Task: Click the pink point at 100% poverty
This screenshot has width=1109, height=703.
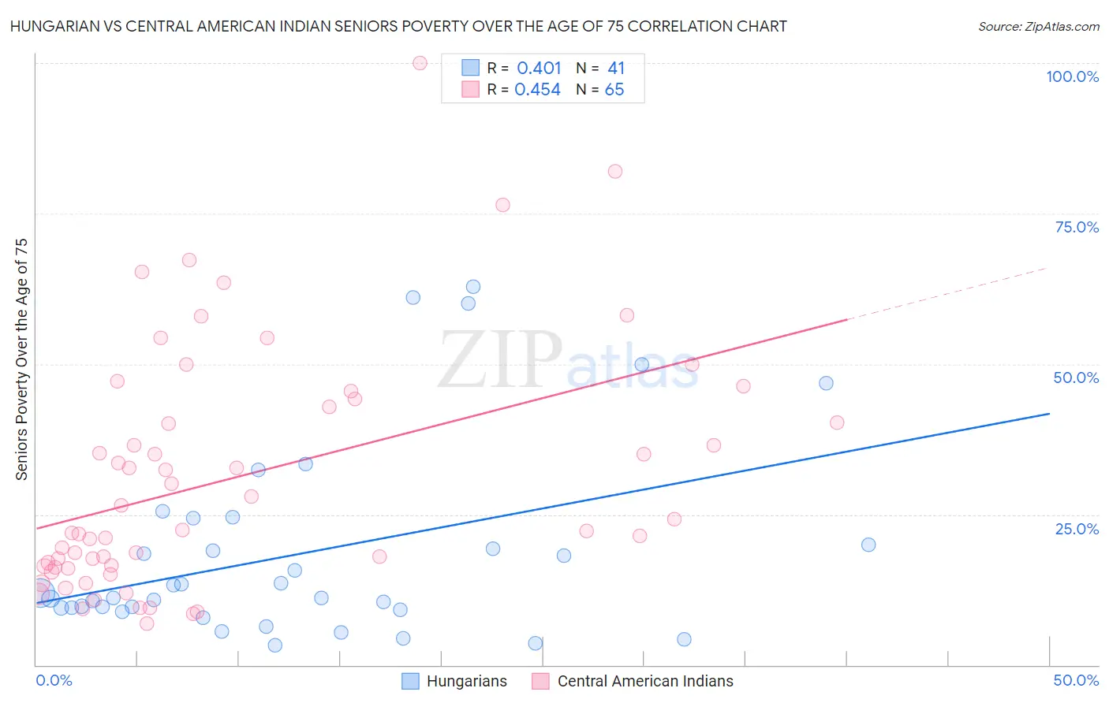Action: tap(420, 63)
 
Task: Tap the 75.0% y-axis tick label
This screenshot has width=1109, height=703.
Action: tap(1076, 227)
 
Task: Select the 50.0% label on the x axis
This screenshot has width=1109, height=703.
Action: tap(1076, 680)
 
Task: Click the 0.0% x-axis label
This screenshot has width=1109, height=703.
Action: tap(54, 680)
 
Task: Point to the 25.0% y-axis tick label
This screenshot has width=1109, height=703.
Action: tap(1076, 529)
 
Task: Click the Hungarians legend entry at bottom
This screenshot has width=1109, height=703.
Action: tap(454, 681)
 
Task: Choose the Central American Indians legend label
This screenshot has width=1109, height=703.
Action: tap(644, 681)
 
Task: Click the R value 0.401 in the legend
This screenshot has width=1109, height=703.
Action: tap(539, 69)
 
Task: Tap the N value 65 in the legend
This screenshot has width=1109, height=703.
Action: tap(614, 90)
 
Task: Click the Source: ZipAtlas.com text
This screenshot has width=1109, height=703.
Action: tap(1038, 27)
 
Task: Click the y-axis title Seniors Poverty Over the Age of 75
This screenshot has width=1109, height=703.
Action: tap(22, 359)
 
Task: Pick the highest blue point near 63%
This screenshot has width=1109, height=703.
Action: tap(473, 287)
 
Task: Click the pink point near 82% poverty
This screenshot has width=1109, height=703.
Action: tap(615, 172)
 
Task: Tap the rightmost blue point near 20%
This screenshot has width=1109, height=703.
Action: tap(868, 545)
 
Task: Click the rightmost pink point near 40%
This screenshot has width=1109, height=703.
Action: tap(837, 422)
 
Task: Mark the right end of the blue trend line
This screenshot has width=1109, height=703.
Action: tap(1049, 414)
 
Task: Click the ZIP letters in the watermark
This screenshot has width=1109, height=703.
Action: tap(499, 360)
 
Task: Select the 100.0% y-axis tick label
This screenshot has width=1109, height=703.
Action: tap(1072, 76)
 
